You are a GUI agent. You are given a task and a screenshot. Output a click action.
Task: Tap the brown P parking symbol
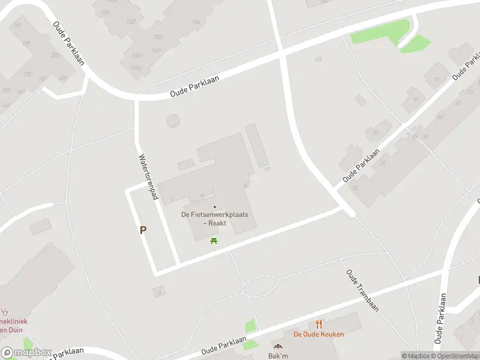(x=143, y=230)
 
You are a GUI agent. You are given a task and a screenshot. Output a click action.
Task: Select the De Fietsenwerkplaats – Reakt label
(x=215, y=218)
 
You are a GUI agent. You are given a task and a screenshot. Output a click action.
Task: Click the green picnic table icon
(x=214, y=241)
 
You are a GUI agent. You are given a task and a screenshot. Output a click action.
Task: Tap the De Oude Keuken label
(x=319, y=334)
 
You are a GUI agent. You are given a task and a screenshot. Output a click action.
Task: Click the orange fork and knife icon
(x=319, y=324)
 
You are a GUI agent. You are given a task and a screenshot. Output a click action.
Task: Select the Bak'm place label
(x=278, y=356)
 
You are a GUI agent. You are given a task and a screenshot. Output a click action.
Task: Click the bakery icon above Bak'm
(x=278, y=346)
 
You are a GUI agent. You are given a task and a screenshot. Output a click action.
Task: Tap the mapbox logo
(x=26, y=352)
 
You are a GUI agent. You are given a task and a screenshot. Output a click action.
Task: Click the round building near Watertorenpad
(x=173, y=121)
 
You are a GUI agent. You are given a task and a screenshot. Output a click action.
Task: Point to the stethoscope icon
(x=5, y=312)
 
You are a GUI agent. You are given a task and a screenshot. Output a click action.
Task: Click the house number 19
(x=415, y=100)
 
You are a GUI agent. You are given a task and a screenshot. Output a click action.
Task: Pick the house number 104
(x=196, y=22)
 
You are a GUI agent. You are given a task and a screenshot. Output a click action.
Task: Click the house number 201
(x=17, y=26)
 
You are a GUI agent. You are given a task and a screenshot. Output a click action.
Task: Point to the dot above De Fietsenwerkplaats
(x=215, y=207)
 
